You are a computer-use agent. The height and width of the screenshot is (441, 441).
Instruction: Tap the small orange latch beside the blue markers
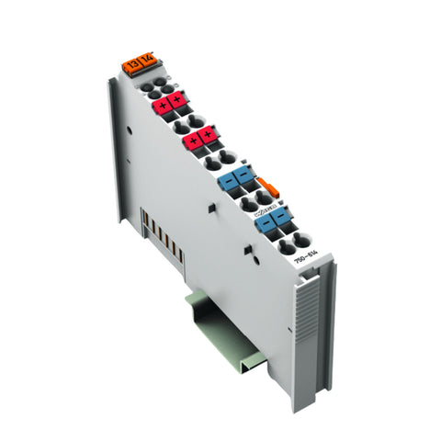coord(266,187)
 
